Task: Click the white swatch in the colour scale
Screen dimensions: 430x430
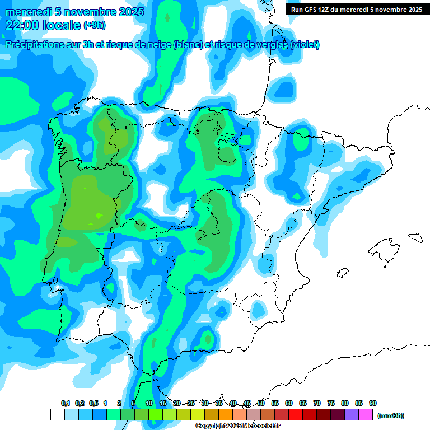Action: (57, 415)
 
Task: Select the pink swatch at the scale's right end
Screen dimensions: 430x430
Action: (366, 415)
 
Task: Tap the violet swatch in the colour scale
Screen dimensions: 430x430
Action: (352, 415)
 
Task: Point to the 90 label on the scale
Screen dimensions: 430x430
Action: (373, 404)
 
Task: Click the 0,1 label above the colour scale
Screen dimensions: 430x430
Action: (66, 404)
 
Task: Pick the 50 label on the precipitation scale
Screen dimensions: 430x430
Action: (261, 404)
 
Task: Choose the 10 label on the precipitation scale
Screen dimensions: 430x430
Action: (149, 404)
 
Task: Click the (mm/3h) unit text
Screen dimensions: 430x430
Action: (390, 415)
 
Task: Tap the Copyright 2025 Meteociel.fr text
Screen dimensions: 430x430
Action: (237, 426)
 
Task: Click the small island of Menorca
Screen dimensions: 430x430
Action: (414, 237)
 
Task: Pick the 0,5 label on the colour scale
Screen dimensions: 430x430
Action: (94, 404)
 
